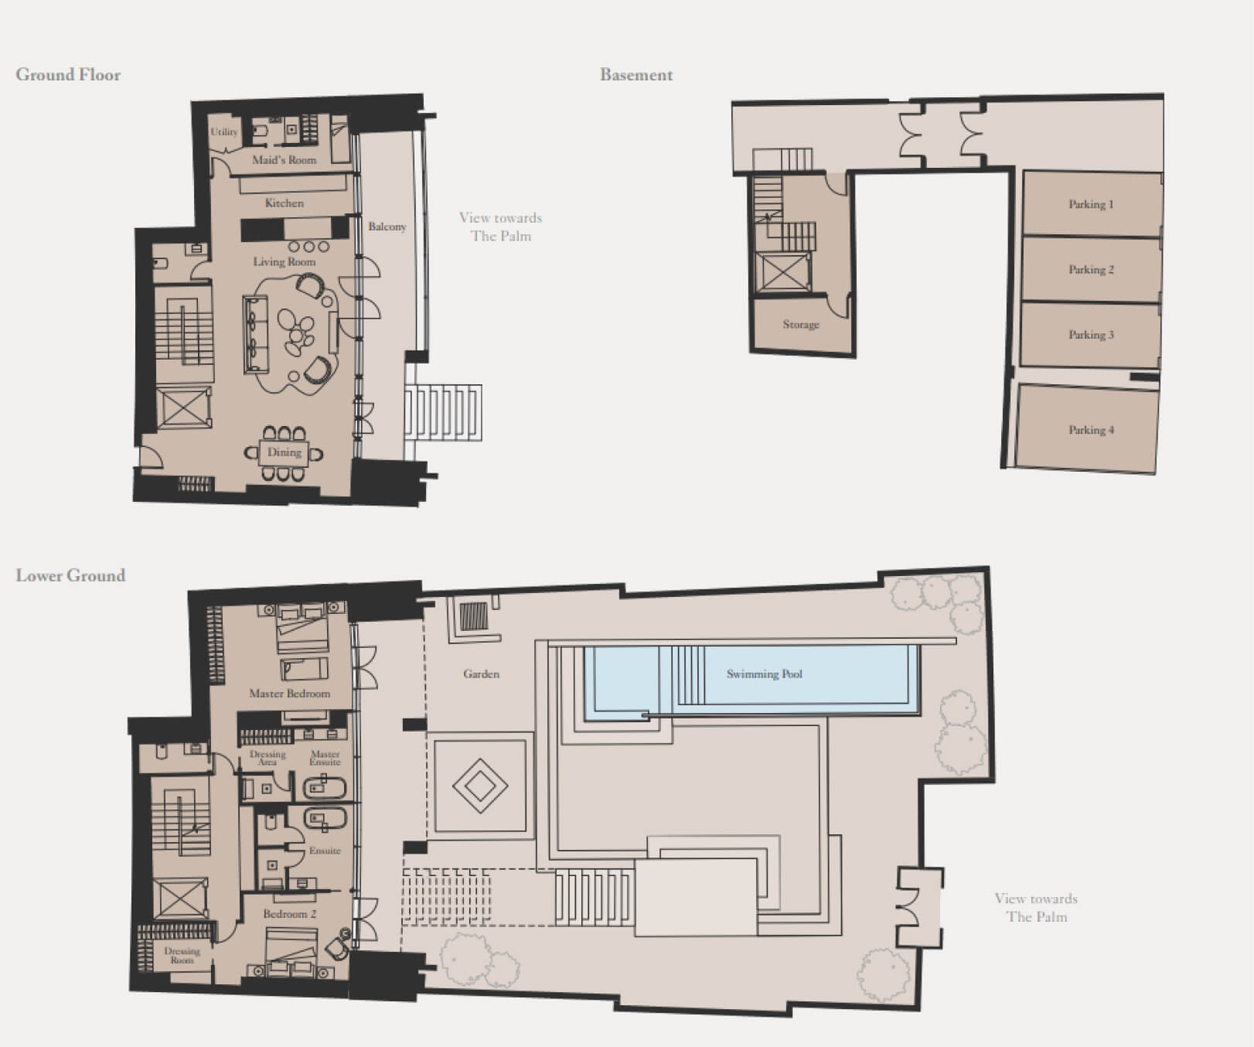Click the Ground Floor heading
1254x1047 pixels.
click(x=68, y=75)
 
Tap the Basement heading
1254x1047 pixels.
click(x=636, y=75)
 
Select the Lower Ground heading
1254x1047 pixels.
click(x=70, y=576)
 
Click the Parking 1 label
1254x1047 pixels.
click(x=1091, y=205)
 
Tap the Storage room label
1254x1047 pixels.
click(x=801, y=325)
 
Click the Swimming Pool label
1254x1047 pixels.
click(x=764, y=674)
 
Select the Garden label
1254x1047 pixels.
click(x=481, y=674)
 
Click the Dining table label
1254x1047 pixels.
click(x=284, y=452)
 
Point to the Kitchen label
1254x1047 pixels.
click(x=285, y=203)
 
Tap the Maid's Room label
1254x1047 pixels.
click(x=285, y=160)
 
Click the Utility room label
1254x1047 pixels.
click(x=224, y=132)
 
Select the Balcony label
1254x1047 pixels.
click(x=387, y=227)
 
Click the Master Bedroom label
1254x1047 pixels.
click(x=289, y=694)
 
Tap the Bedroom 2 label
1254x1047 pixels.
click(x=289, y=914)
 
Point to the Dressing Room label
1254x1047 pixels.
click(x=182, y=956)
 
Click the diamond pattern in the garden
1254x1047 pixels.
click(x=480, y=786)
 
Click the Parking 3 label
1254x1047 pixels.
click(x=1091, y=335)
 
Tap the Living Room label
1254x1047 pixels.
click(x=284, y=262)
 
